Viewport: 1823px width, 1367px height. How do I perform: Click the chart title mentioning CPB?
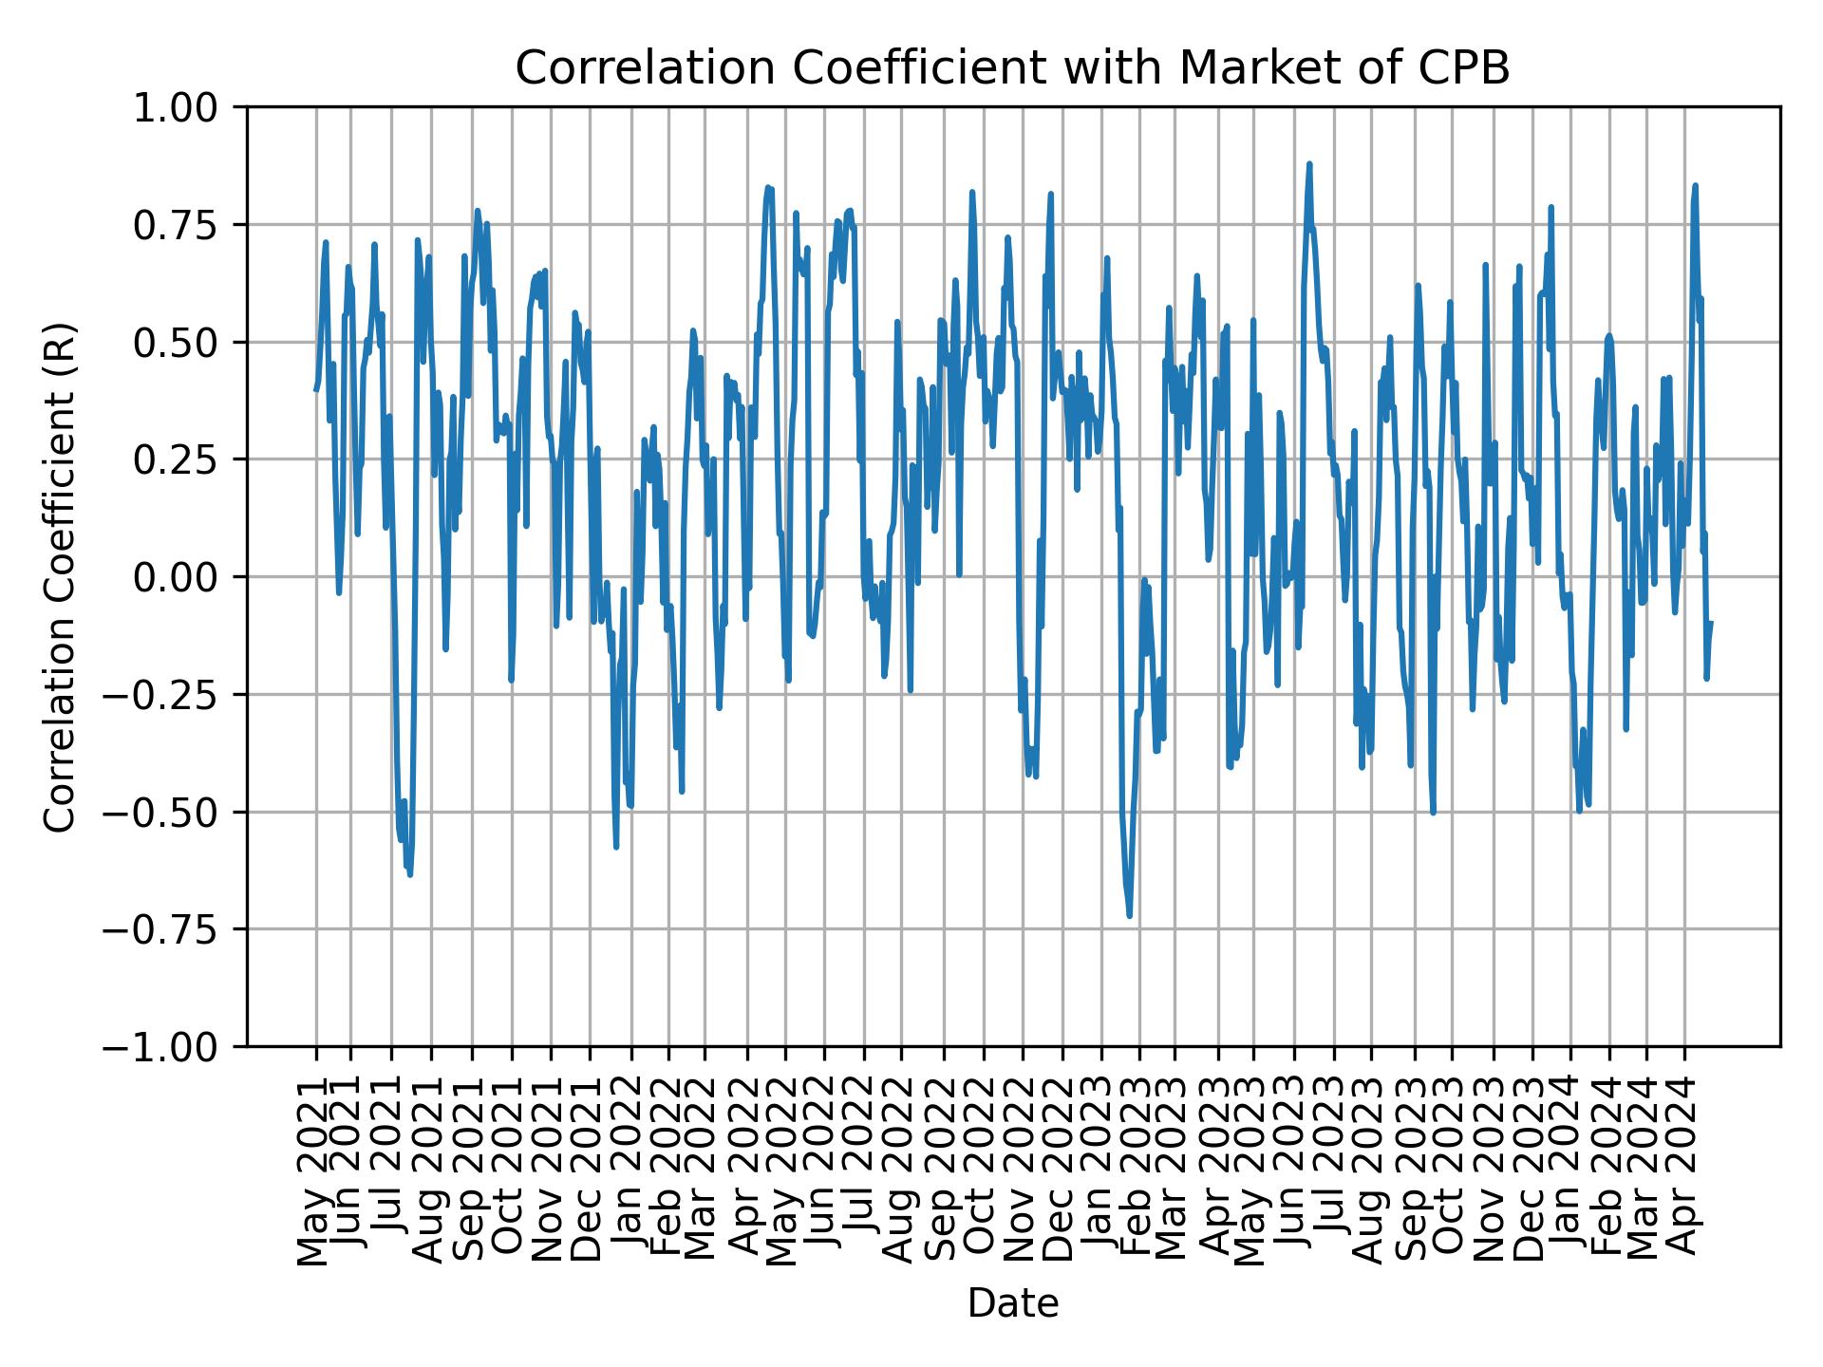tap(1012, 68)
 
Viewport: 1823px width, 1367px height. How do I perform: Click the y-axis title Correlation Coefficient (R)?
tap(60, 577)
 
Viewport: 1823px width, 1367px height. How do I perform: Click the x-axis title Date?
tap(1012, 1303)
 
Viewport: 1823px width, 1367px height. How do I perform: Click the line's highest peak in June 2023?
tap(1308, 164)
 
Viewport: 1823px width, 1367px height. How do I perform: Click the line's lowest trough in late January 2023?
tap(1129, 916)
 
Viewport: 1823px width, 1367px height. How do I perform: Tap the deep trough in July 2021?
tap(409, 874)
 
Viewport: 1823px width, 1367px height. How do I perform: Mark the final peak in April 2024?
tap(1695, 186)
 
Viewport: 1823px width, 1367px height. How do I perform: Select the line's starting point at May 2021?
tap(316, 389)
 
